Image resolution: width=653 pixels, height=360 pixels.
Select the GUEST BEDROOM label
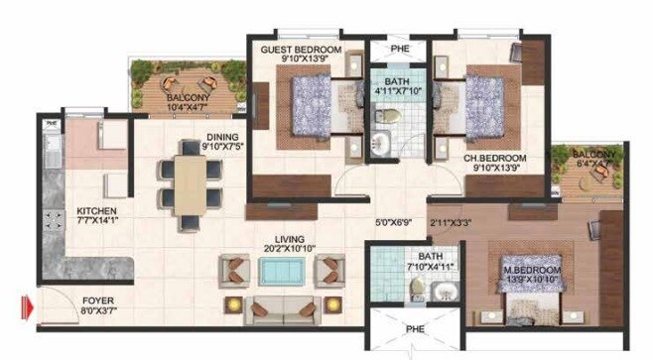click(x=301, y=50)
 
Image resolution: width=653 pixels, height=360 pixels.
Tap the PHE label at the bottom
click(x=414, y=329)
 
